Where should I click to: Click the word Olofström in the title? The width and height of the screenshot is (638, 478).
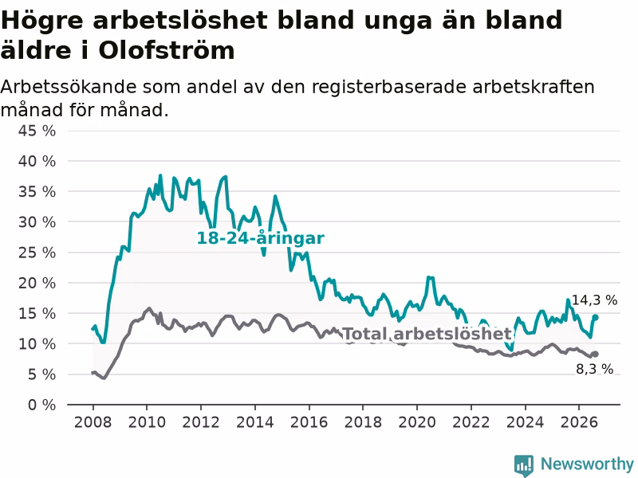167,51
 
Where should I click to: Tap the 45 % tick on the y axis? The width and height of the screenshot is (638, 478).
37,131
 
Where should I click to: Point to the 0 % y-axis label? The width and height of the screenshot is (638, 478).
42,405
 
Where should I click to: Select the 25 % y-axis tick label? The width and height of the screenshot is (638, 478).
37,253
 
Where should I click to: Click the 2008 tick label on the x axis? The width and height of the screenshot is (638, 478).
93,422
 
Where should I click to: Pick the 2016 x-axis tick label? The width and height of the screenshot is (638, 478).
309,422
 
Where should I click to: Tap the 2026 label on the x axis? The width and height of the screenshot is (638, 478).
579,422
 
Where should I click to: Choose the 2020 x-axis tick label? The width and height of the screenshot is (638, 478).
417,422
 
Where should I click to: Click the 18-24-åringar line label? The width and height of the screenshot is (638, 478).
261,238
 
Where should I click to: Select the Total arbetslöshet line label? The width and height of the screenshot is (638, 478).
427,334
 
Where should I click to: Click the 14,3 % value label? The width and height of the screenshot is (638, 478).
594,300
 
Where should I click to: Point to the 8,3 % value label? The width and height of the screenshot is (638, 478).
594,369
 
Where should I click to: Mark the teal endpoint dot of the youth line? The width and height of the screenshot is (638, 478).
595,317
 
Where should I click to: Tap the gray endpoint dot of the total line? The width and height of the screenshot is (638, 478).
595,355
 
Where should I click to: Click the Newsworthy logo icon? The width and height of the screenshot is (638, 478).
524,464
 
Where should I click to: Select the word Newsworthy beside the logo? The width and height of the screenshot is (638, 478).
587,464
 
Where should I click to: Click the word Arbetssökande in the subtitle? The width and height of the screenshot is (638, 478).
69,87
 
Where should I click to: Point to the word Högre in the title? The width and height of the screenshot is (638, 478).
42,22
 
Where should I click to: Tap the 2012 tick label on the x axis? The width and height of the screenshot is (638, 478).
201,422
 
